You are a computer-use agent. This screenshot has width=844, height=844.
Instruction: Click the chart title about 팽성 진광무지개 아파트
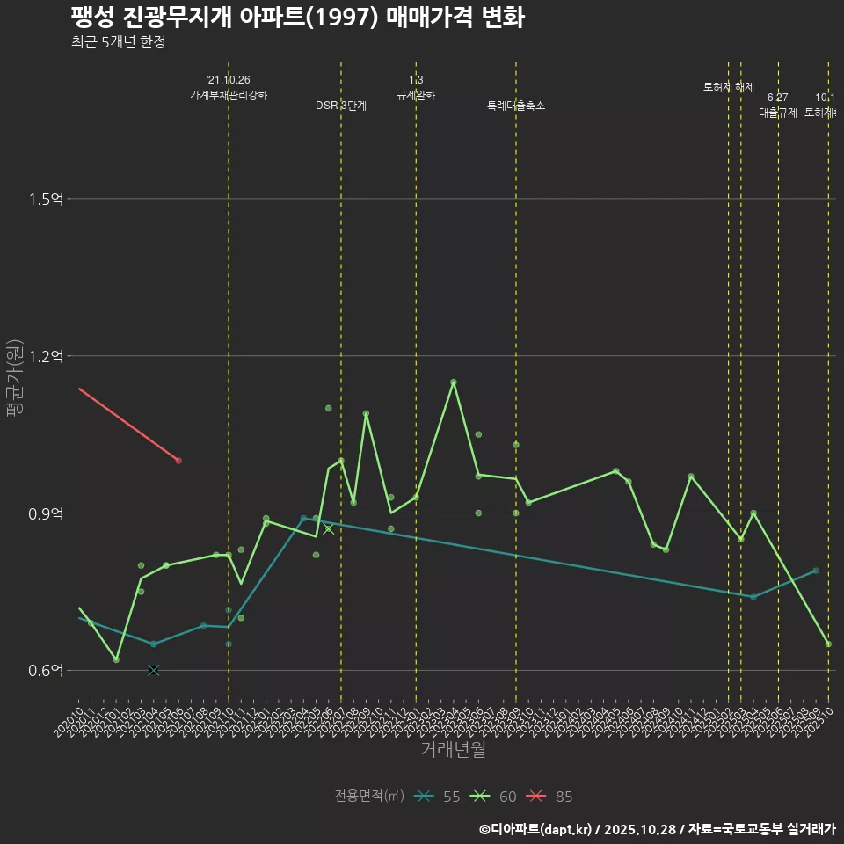click(x=297, y=18)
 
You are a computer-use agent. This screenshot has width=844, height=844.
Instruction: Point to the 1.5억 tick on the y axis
click(x=46, y=200)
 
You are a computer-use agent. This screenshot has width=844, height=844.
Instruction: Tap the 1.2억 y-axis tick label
click(x=46, y=356)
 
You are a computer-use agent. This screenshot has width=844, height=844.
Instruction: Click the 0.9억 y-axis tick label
click(x=46, y=513)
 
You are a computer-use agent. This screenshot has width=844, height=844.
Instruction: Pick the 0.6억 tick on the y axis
click(x=46, y=671)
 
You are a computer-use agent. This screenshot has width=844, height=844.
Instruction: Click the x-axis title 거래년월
click(x=453, y=750)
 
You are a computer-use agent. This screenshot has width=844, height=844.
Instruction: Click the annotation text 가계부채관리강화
click(x=229, y=95)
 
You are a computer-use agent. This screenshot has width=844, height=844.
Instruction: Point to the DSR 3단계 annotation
click(x=341, y=105)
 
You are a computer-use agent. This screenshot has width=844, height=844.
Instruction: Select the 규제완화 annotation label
click(x=416, y=95)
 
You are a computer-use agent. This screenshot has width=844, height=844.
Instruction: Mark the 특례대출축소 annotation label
click(x=516, y=105)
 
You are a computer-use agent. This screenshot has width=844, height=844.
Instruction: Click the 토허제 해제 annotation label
click(x=729, y=87)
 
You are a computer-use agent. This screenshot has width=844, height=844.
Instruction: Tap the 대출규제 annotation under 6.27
click(x=778, y=113)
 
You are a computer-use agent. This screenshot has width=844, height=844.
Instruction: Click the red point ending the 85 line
click(x=178, y=460)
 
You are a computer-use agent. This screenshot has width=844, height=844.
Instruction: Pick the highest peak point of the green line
click(x=454, y=382)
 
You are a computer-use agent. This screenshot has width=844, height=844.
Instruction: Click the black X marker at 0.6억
click(x=154, y=670)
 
